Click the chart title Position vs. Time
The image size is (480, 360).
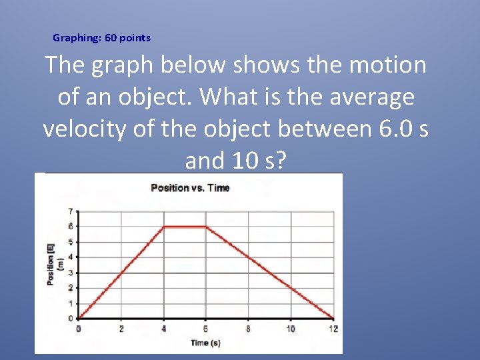click(190, 188)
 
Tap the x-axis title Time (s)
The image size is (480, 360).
click(205, 343)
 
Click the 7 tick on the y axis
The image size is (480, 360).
click(70, 211)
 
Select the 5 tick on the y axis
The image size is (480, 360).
click(70, 242)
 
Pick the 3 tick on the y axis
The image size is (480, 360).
click(70, 273)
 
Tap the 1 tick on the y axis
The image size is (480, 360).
click(70, 303)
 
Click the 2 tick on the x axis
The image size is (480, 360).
click(121, 329)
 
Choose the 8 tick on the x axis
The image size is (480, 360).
click(248, 329)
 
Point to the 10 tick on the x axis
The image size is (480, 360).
click(291, 329)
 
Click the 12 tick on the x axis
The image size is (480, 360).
click(333, 329)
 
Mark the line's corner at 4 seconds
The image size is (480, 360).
click(163, 227)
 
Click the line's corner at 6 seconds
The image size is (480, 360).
click(206, 227)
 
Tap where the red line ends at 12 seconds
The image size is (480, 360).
click(333, 318)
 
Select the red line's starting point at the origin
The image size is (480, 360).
click(79, 318)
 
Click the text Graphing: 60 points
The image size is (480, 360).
click(101, 38)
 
